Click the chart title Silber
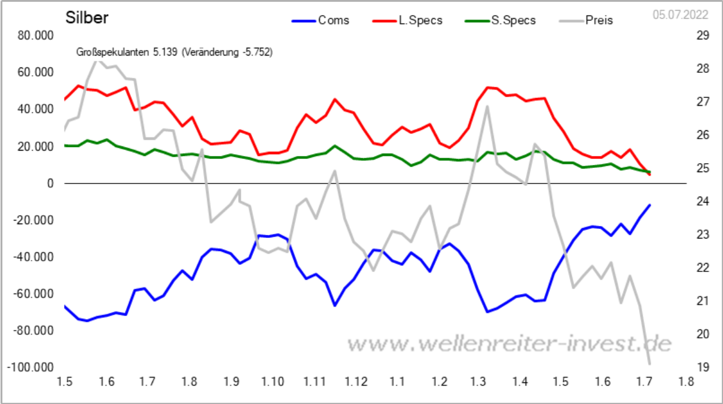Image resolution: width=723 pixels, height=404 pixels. (x=87, y=18)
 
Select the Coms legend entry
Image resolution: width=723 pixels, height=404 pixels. (x=333, y=20)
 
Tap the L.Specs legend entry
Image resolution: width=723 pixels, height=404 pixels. (x=420, y=20)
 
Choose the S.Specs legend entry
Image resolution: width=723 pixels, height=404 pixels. (x=513, y=20)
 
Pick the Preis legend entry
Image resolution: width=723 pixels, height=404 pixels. (x=599, y=20)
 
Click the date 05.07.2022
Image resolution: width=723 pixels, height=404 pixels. (x=680, y=15)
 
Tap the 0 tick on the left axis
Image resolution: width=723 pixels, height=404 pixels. (x=50, y=183)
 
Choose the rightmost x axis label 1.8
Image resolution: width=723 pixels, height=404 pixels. (x=686, y=381)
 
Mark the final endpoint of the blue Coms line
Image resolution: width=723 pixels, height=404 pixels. (x=649, y=205)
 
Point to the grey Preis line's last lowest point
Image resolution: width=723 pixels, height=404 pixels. (x=649, y=363)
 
